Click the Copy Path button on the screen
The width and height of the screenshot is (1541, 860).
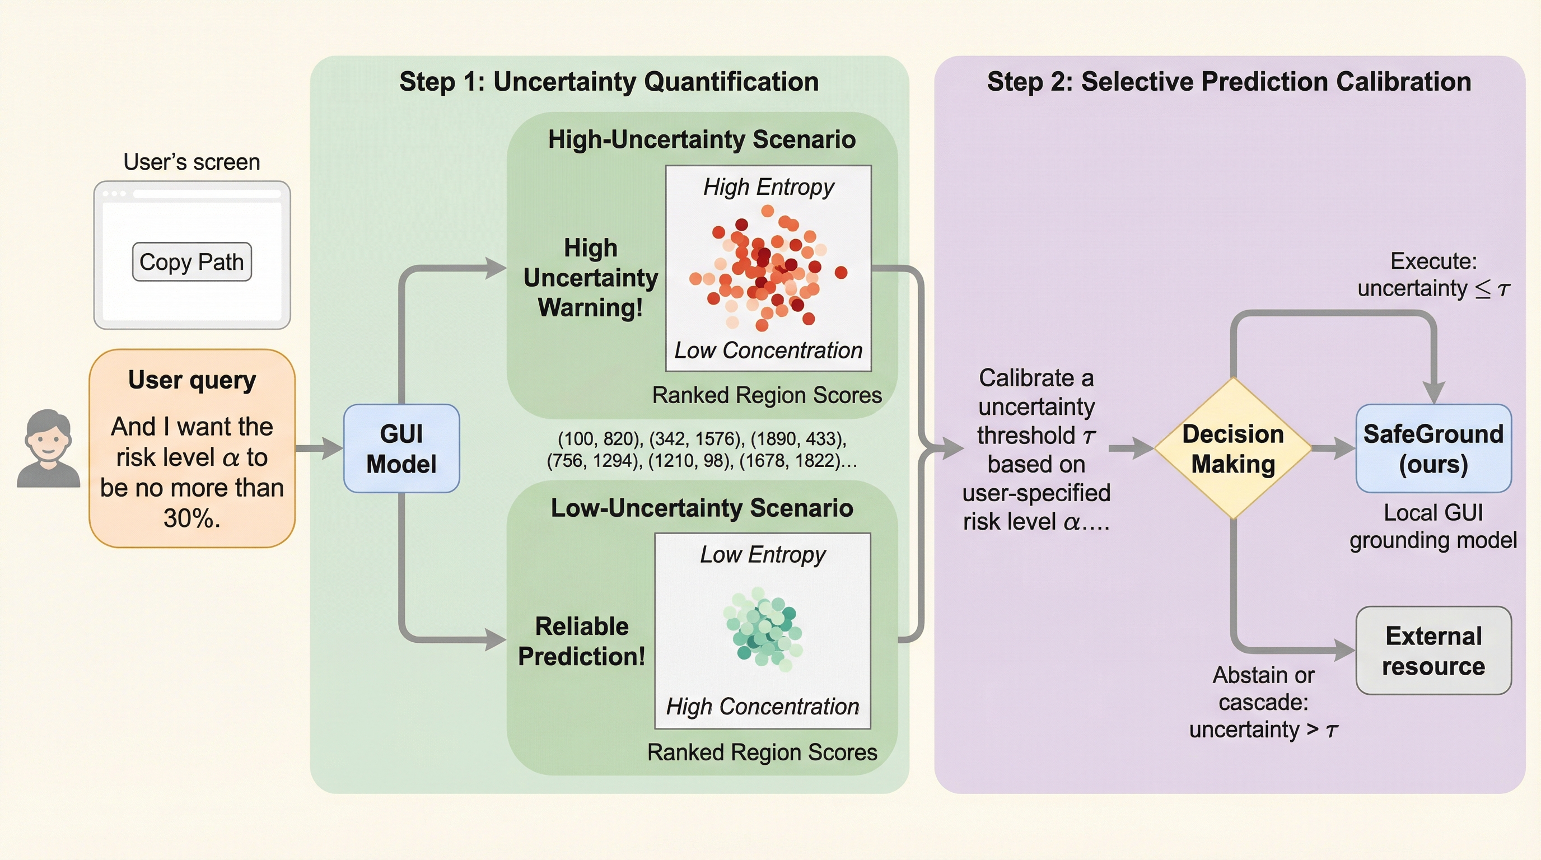(x=192, y=261)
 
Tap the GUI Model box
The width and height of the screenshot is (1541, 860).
(x=401, y=448)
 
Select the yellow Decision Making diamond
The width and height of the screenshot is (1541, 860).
(x=1233, y=448)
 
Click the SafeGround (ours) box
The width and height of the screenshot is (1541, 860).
(x=1433, y=448)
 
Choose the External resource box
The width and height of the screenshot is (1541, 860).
(x=1433, y=651)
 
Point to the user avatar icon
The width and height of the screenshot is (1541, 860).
(x=48, y=448)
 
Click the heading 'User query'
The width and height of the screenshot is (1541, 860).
(x=192, y=380)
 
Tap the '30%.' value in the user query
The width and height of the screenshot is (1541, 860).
(x=192, y=518)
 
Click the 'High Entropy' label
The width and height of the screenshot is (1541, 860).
(x=768, y=187)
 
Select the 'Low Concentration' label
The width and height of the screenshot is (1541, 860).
(x=768, y=350)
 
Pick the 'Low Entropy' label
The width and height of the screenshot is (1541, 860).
(x=763, y=555)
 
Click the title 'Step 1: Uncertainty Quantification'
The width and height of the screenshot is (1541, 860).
(x=609, y=82)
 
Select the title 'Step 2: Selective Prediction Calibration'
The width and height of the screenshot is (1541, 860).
(x=1229, y=82)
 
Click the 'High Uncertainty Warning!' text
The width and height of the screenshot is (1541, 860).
(x=590, y=278)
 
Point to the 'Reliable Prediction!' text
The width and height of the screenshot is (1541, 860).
(x=581, y=641)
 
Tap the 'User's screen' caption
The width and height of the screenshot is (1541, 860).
(x=192, y=162)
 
